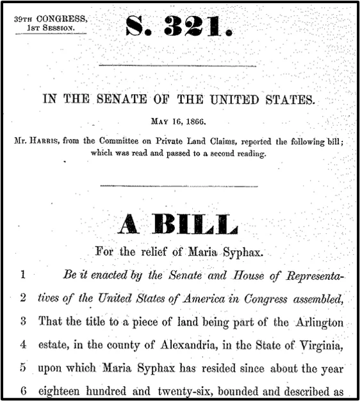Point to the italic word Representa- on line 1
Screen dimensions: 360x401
[x=307, y=276]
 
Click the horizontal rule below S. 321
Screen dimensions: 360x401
[x=179, y=65]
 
